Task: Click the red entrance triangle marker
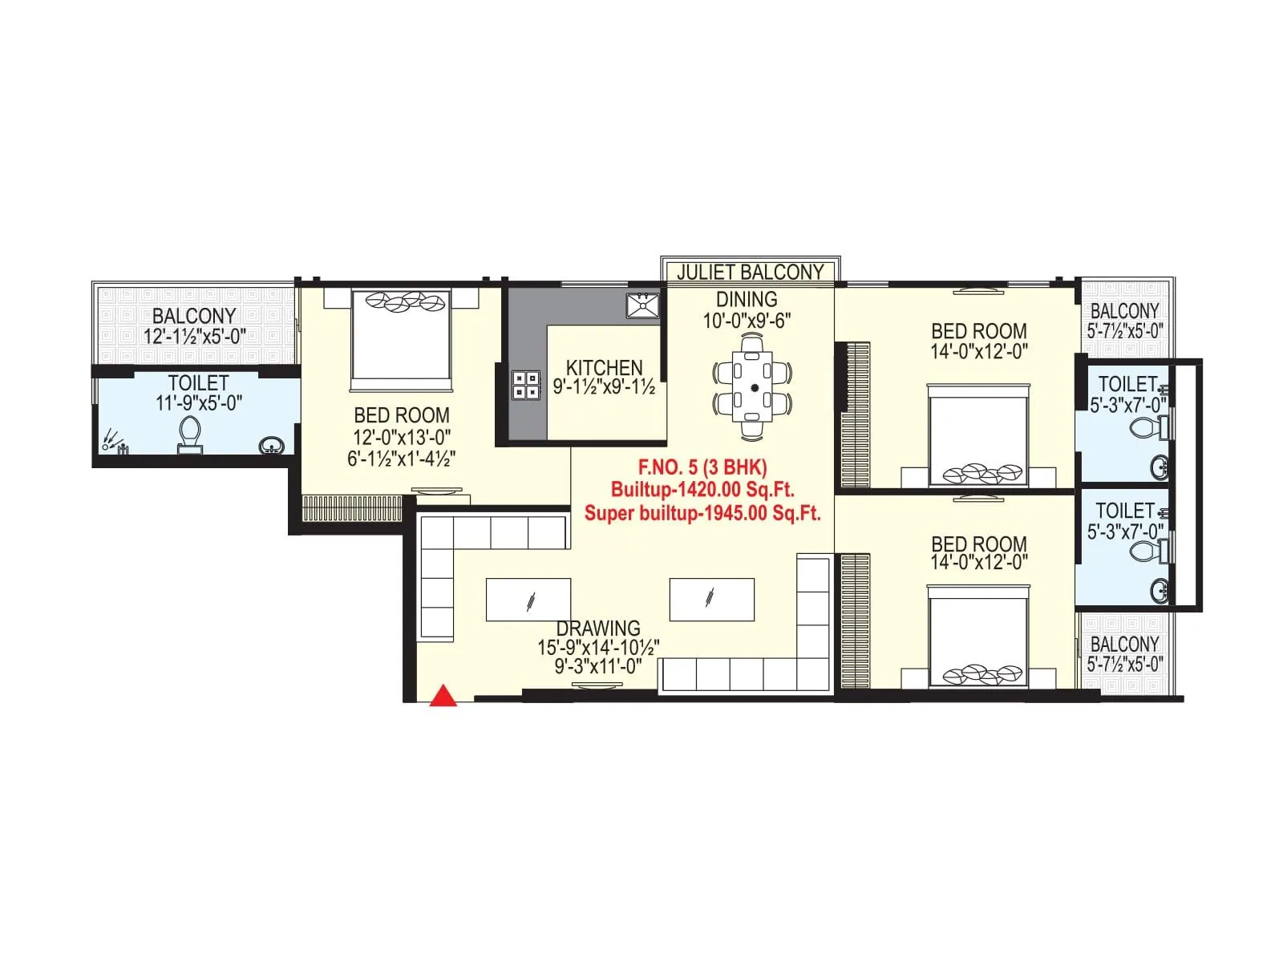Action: pyautogui.click(x=443, y=697)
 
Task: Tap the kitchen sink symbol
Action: pyautogui.click(x=642, y=305)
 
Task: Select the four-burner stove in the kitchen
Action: pyautogui.click(x=525, y=384)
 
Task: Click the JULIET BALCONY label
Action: pyautogui.click(x=750, y=272)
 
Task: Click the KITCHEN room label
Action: pyautogui.click(x=604, y=367)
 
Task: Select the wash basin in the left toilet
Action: pyautogui.click(x=272, y=445)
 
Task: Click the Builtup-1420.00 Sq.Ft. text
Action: pyautogui.click(x=702, y=489)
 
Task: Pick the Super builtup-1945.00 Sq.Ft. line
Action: pyautogui.click(x=702, y=513)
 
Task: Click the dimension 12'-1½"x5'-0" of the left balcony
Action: pyautogui.click(x=195, y=336)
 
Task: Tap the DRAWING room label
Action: pyautogui.click(x=598, y=628)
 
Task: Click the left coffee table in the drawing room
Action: pyautogui.click(x=528, y=600)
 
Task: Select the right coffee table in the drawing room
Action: pyautogui.click(x=711, y=600)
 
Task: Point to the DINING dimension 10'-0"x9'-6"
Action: pyautogui.click(x=747, y=320)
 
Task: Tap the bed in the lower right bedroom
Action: pyautogui.click(x=978, y=637)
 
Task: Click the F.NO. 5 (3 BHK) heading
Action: pyautogui.click(x=702, y=467)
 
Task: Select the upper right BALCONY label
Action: pyautogui.click(x=1124, y=310)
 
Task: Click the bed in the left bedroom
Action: pyautogui.click(x=402, y=337)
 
